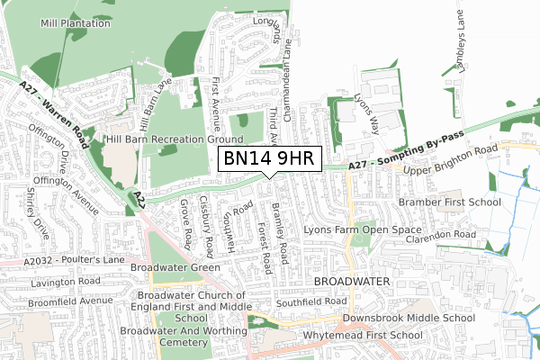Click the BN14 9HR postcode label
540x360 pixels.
(269, 159)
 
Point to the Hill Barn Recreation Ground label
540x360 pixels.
(175, 139)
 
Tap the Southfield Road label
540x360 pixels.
(312, 301)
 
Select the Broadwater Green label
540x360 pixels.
(175, 267)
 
